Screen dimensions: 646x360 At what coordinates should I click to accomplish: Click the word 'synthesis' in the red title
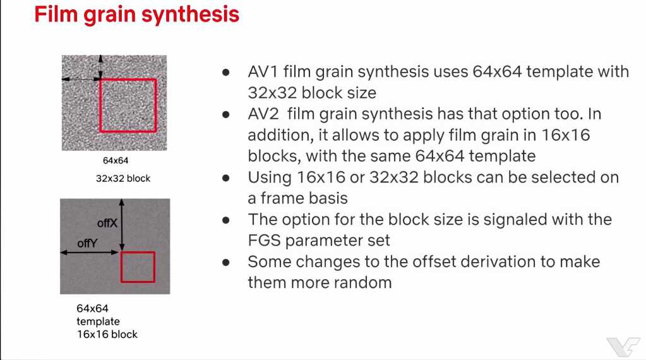[x=190, y=15]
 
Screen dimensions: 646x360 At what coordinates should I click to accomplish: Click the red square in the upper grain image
[x=100, y=105]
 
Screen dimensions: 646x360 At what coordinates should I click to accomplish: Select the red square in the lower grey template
[x=121, y=267]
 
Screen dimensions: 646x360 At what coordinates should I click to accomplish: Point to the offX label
[x=107, y=223]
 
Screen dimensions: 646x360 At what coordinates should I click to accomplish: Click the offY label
[x=87, y=243]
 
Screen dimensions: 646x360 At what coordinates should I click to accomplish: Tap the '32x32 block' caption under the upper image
[x=123, y=178]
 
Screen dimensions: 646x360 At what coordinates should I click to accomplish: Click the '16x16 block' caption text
[x=107, y=334]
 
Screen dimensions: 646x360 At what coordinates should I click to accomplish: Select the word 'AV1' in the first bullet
[x=263, y=71]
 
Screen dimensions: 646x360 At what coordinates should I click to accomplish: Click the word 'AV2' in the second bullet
[x=263, y=114]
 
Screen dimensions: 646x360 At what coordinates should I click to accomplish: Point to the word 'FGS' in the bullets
[x=264, y=240]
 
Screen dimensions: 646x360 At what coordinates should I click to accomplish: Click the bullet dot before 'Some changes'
[x=226, y=262]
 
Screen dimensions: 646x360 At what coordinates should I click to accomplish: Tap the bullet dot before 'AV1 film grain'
[x=226, y=73]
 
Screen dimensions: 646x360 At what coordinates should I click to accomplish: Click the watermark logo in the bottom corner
[x=623, y=346]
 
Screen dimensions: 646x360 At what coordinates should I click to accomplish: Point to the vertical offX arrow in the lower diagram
[x=121, y=225]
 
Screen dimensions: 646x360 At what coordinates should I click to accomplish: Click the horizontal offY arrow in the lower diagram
[x=90, y=252]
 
